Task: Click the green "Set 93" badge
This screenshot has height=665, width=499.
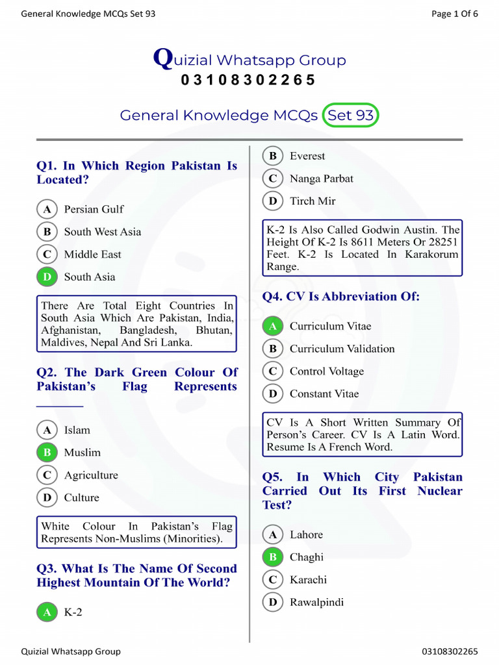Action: pos(350,115)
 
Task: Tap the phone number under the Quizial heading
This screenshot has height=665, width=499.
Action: pos(248,80)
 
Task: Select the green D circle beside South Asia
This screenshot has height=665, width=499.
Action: pos(47,277)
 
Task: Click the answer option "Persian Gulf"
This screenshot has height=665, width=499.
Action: pos(93,209)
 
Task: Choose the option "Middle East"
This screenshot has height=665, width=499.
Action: pos(92,255)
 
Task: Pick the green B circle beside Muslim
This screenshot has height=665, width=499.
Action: pos(47,453)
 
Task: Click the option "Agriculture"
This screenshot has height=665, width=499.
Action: pos(91,475)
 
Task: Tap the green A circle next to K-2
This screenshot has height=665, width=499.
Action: pos(47,612)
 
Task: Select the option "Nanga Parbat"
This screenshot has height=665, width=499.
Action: pos(321,179)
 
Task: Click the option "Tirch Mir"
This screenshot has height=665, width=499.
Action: pos(313,201)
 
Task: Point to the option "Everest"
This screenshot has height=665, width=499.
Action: pos(307,156)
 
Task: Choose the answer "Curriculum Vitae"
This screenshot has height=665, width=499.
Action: pos(330,326)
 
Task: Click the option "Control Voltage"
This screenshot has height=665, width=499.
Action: pos(326,371)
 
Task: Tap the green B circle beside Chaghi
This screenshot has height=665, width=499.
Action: pos(272,557)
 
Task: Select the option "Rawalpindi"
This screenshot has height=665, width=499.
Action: pos(316,602)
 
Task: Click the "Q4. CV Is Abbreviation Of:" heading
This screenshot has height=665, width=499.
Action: pos(341,297)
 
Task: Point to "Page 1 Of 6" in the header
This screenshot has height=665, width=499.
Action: pos(455,14)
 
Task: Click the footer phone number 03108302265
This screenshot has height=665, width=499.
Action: pos(450,651)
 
